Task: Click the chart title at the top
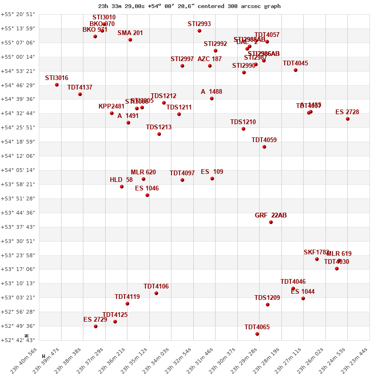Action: (x=189, y=6)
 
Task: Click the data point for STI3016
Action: (x=57, y=85)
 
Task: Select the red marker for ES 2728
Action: (x=348, y=119)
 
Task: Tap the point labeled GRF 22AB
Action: (x=271, y=222)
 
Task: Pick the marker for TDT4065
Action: (x=257, y=334)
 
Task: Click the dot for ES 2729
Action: (x=96, y=326)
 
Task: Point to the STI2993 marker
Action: (x=199, y=31)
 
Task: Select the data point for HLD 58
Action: (x=122, y=187)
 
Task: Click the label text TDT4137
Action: (x=80, y=88)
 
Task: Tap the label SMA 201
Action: (x=130, y=33)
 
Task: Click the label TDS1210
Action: (x=243, y=122)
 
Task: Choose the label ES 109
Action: (x=212, y=172)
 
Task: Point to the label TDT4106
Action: (x=156, y=287)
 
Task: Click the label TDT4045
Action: (x=295, y=63)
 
